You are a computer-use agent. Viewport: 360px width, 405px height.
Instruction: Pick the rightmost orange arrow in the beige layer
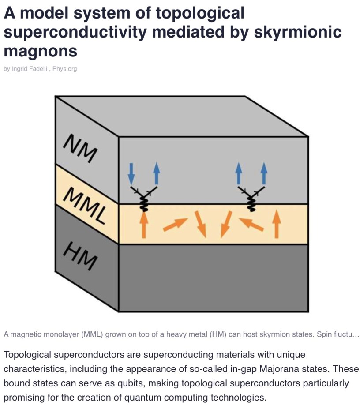click(277, 224)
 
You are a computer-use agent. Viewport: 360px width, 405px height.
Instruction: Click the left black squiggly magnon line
click(143, 202)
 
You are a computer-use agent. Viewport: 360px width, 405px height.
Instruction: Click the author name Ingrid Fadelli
click(31, 69)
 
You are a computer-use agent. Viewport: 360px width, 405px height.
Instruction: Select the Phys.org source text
click(64, 69)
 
